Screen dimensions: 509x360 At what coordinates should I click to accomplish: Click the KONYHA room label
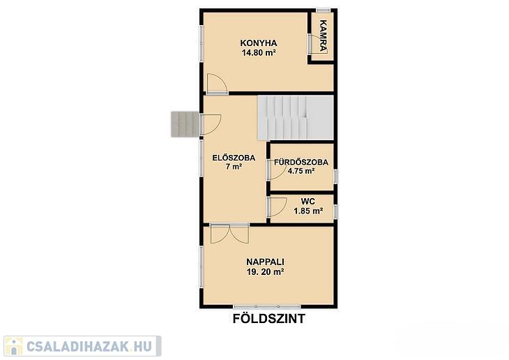click(x=259, y=43)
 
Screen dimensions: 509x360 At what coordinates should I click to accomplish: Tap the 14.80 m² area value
click(x=259, y=52)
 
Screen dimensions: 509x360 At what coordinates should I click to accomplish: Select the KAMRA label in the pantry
click(x=323, y=36)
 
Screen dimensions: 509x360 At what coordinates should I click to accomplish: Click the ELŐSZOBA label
click(x=234, y=158)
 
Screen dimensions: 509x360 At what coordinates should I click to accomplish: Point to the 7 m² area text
click(x=234, y=167)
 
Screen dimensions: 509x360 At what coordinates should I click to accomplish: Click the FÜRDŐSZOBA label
click(x=301, y=162)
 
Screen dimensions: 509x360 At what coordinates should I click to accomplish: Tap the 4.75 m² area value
click(x=301, y=171)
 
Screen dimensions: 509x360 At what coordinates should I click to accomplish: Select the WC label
click(x=307, y=202)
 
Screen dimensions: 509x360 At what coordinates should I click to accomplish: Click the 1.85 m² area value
click(x=308, y=211)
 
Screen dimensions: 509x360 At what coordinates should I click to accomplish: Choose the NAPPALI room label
click(x=265, y=262)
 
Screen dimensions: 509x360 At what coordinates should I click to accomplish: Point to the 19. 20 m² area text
click(x=265, y=272)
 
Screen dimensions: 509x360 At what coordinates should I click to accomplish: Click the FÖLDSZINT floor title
click(x=269, y=319)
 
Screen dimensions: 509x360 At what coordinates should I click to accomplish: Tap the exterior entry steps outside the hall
click(x=185, y=123)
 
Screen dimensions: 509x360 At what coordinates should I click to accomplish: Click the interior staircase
click(x=296, y=118)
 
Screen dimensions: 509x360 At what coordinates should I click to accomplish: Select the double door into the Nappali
click(x=229, y=233)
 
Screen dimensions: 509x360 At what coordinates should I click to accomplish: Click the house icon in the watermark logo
click(x=14, y=346)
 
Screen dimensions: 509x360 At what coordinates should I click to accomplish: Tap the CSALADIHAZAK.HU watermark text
click(x=89, y=346)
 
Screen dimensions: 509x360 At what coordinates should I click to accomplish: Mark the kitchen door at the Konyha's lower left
click(x=217, y=84)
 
